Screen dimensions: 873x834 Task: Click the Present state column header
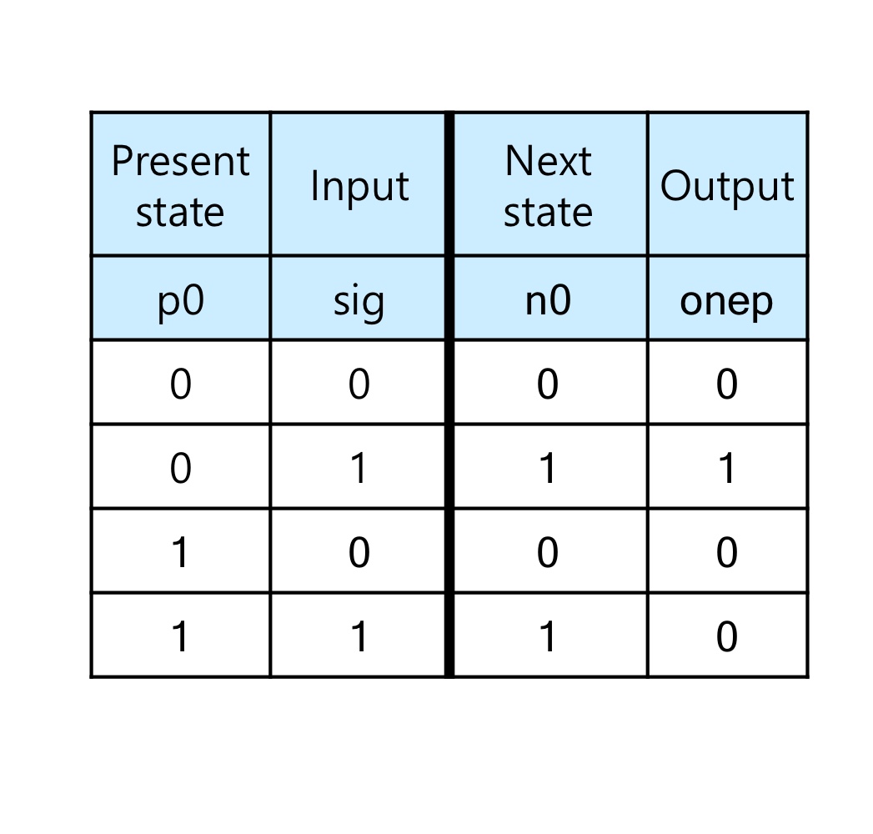(x=180, y=185)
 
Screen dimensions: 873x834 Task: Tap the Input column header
(x=359, y=186)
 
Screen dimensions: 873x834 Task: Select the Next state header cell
(x=548, y=185)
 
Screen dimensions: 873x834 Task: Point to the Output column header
(x=727, y=186)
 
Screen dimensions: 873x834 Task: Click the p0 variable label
(x=180, y=300)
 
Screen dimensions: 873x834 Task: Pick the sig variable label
(x=359, y=301)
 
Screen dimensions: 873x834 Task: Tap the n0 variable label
(x=548, y=300)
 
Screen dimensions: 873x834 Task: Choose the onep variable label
(x=727, y=301)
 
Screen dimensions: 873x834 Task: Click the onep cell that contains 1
(x=727, y=469)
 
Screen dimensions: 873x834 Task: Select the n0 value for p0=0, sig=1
(x=548, y=469)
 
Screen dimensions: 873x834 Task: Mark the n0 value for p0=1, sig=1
(x=548, y=637)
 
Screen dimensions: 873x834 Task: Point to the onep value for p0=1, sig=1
(x=727, y=637)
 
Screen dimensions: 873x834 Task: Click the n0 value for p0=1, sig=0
(x=548, y=553)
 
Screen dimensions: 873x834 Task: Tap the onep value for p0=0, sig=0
(x=727, y=384)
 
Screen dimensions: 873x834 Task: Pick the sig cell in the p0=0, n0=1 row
(x=359, y=469)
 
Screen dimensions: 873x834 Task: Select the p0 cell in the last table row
(x=180, y=637)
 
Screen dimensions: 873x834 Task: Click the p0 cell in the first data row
(x=180, y=384)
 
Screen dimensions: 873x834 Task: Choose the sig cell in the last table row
(x=359, y=637)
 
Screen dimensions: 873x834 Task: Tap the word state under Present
(x=180, y=212)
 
